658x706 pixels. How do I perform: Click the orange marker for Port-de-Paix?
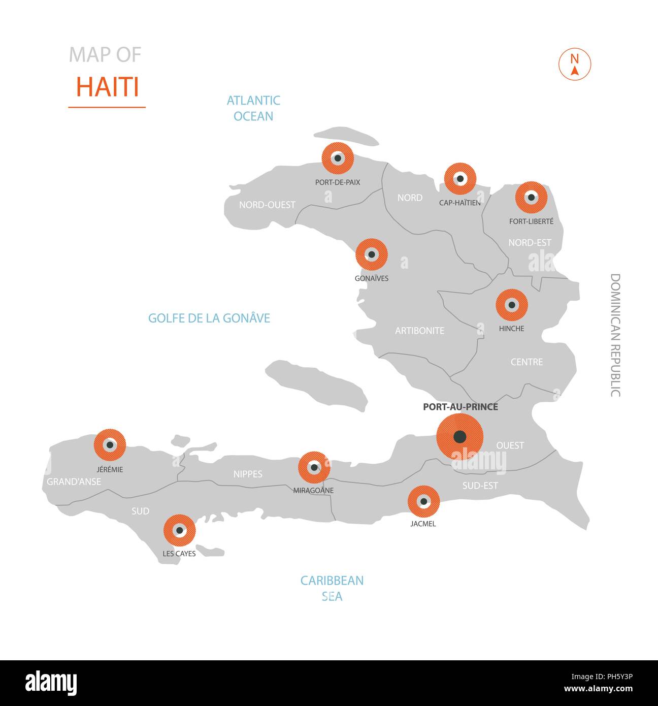point(338,158)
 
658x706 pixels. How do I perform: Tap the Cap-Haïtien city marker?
point(460,179)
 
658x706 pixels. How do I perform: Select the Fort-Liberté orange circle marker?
point(531,197)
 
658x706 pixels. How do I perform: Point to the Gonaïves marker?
point(372,254)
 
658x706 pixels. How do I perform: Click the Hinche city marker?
point(512,305)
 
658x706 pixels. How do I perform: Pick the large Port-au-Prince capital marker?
point(459,437)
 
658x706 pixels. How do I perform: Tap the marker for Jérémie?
point(110,445)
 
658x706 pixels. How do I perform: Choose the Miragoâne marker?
point(314,467)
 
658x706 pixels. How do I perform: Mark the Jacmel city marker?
point(423,502)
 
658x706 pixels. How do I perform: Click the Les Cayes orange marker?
point(179,530)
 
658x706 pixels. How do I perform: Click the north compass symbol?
point(575,65)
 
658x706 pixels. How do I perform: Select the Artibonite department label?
point(419,331)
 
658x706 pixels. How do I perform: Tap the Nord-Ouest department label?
point(267,205)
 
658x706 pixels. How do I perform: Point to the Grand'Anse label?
point(74,482)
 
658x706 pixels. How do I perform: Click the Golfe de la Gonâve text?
point(209,318)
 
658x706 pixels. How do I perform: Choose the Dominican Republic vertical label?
point(615,335)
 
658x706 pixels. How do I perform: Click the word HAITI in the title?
point(107,87)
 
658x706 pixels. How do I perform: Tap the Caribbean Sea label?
point(332,588)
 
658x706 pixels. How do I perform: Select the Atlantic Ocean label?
point(253,108)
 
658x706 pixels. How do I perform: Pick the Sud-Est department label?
point(480,486)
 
